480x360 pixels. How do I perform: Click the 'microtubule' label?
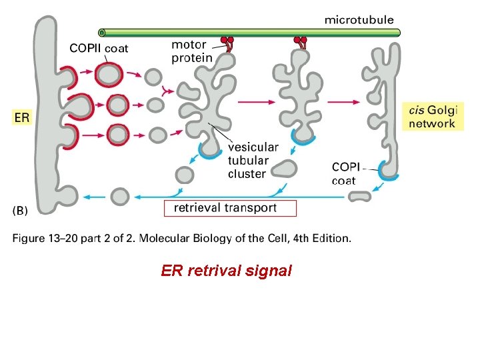tap(359, 20)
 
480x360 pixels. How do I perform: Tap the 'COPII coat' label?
tap(99, 48)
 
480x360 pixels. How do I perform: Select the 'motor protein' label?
tap(192, 51)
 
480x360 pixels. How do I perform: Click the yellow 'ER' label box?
tap(22, 117)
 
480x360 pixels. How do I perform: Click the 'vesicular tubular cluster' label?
tap(253, 161)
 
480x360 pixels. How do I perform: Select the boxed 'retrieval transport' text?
tap(229, 208)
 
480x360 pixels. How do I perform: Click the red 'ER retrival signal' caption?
tap(226, 271)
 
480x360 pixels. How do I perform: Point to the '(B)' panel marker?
tap(21, 211)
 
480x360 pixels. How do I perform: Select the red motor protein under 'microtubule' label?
tap(301, 42)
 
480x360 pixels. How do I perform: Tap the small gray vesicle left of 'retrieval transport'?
tap(120, 197)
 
